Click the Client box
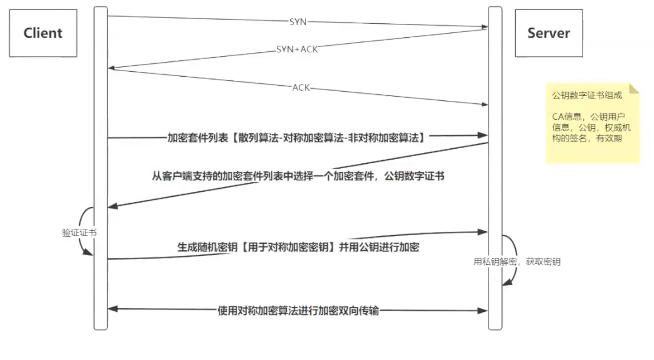coord(43,33)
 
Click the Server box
coord(548,33)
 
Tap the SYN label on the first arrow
coord(298,22)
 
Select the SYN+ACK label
coord(297,49)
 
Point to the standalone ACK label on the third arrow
coord(301,88)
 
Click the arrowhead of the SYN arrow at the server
coord(485,27)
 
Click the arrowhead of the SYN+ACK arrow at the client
coord(111,68)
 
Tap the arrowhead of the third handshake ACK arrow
coord(485,104)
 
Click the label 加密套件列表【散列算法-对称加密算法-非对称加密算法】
coord(296,138)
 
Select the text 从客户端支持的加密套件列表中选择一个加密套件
coord(263,176)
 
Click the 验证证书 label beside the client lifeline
coord(79,233)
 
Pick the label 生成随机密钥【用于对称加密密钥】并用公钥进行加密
coord(298,247)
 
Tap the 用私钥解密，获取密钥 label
coord(516,262)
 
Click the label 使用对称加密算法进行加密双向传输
coord(298,311)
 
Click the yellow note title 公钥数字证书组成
coord(587,95)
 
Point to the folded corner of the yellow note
coord(634,89)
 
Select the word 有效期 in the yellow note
coord(609,139)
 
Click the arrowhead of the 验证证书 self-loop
coord(88,253)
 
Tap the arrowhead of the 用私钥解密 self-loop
coord(506,283)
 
